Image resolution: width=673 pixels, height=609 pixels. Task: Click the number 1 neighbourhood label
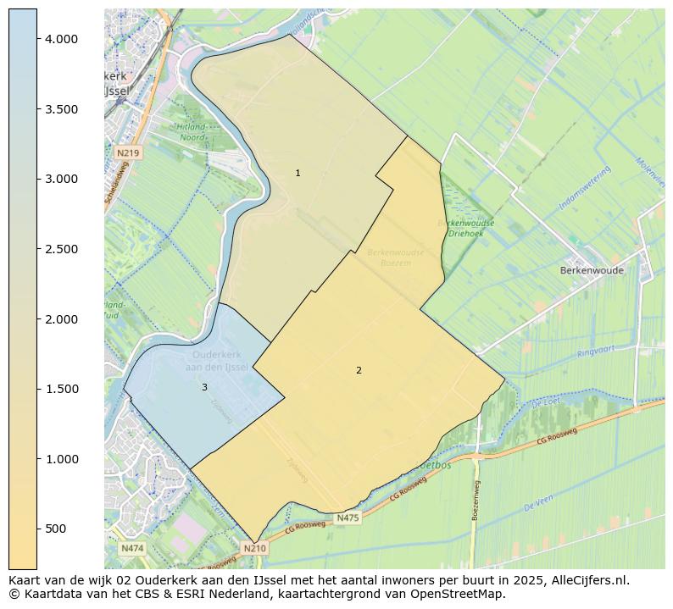pyautogui.click(x=298, y=173)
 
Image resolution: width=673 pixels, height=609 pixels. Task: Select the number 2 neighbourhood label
pyautogui.click(x=359, y=370)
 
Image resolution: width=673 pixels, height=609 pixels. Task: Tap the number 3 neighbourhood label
pyautogui.click(x=204, y=387)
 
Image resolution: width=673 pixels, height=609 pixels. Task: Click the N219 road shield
pyautogui.click(x=128, y=152)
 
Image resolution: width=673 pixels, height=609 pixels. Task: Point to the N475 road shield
pyautogui.click(x=348, y=518)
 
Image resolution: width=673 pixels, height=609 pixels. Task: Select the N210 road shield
pyautogui.click(x=254, y=548)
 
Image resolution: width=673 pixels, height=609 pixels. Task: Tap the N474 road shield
pyautogui.click(x=132, y=548)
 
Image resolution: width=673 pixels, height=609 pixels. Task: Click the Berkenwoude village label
pyautogui.click(x=592, y=271)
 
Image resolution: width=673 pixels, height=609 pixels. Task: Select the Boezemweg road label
pyautogui.click(x=476, y=500)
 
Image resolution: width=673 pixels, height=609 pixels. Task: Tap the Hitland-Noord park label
pyautogui.click(x=192, y=131)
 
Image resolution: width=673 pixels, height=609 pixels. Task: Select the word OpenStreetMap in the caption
pyautogui.click(x=461, y=595)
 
